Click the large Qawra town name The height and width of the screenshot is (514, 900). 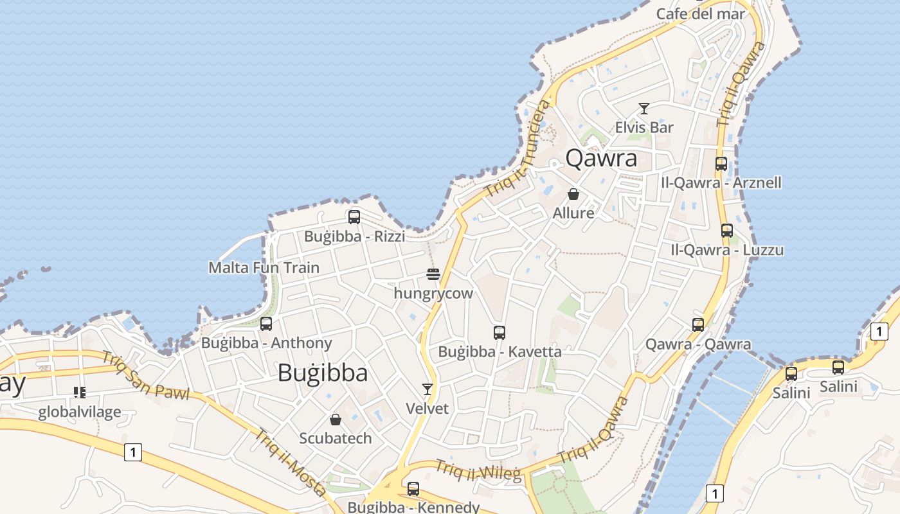coord(601,158)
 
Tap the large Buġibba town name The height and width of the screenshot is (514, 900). coord(323,373)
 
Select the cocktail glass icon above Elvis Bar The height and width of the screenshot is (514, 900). coord(644,109)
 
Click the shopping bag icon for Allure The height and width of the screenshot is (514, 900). coord(573,194)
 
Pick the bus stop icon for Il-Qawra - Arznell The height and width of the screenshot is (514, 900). coord(721,164)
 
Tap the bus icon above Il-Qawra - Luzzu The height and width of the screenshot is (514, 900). coord(727,231)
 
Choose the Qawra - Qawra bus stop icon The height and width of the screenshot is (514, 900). coord(698,325)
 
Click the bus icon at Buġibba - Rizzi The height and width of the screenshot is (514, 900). coord(354,217)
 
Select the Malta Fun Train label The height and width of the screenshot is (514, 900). coord(264,267)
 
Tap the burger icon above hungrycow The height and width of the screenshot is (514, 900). coord(433,275)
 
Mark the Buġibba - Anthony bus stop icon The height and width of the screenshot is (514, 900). coord(266,324)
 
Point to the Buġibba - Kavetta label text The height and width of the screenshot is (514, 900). coord(500,351)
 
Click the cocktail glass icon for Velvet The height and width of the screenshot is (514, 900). coord(428,389)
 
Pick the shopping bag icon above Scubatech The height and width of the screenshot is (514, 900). coord(336,420)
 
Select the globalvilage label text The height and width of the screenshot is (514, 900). coord(79,412)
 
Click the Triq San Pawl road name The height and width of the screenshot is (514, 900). coord(145,375)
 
